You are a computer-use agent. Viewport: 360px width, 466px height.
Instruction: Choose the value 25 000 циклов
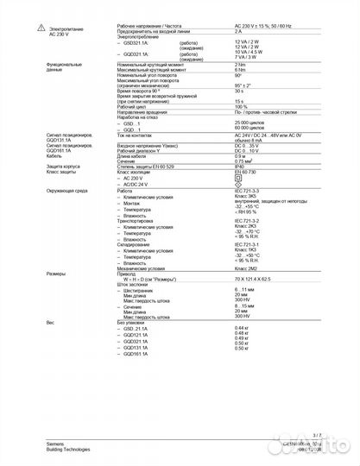point(249,124)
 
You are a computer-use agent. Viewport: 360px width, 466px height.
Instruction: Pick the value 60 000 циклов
point(249,130)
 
